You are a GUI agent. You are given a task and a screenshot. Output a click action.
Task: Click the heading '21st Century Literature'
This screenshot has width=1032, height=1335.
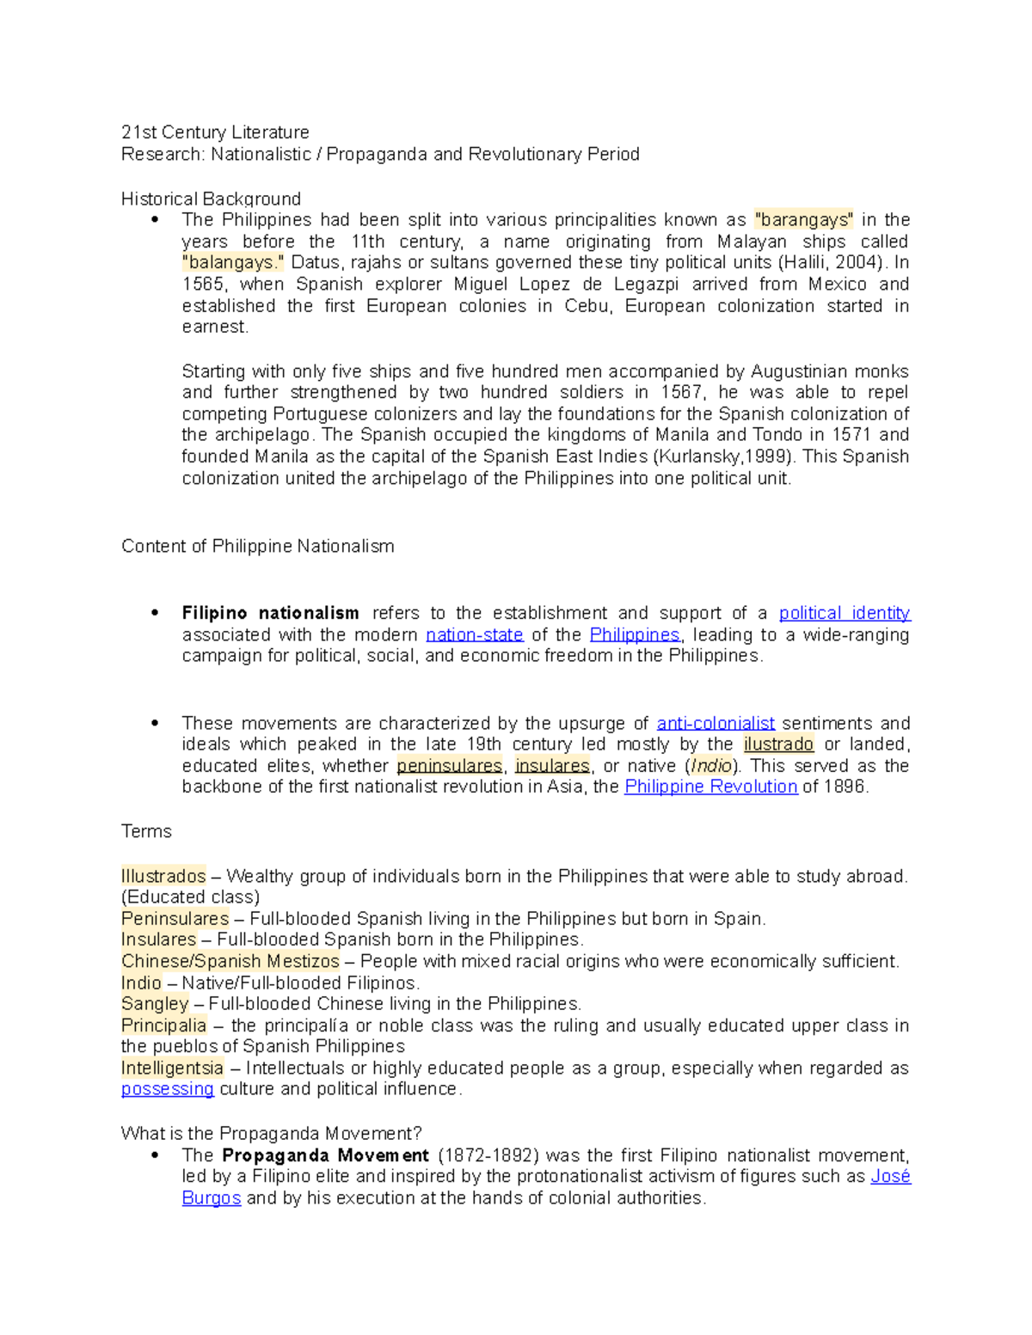[215, 132]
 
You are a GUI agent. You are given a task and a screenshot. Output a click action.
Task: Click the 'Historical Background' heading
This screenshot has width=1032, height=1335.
[211, 199]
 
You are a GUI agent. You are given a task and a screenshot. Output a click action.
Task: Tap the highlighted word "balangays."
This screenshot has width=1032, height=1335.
[232, 263]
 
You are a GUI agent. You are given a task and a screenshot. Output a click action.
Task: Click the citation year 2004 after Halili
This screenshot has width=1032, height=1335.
[859, 263]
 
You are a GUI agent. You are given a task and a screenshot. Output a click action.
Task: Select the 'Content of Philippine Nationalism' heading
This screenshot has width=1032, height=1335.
[257, 547]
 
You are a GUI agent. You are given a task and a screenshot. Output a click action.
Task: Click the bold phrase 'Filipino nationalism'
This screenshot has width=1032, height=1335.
[270, 614]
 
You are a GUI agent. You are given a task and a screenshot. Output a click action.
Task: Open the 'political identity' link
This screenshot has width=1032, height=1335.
[845, 614]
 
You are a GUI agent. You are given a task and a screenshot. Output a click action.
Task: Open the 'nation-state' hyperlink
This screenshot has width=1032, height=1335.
[475, 635]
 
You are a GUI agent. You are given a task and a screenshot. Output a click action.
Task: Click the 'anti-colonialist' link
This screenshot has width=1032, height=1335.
[716, 724]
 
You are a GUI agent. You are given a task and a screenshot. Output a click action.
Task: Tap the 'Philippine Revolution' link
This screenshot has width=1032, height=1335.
[710, 787]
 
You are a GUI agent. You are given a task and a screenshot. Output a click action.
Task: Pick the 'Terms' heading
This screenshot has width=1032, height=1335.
[146, 832]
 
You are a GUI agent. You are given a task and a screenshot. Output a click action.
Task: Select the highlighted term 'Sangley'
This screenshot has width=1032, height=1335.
[155, 1004]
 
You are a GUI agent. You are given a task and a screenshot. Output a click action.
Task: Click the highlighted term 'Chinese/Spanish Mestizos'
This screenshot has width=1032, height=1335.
[230, 961]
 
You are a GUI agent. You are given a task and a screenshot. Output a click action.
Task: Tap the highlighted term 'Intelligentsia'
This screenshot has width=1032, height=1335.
[172, 1069]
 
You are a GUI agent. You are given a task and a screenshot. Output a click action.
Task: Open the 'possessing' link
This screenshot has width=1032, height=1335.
[167, 1089]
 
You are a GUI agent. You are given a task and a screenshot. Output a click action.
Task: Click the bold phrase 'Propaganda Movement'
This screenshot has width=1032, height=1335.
[325, 1156]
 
